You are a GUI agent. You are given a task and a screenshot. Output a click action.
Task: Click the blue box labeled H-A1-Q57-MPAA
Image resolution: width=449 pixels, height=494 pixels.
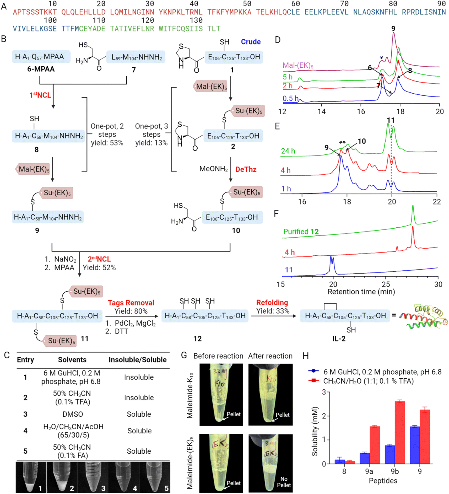point(41,57)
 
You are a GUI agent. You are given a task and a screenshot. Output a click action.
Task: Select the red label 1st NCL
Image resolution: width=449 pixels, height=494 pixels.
point(40,95)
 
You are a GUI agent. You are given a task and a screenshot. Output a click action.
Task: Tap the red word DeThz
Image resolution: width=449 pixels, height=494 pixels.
point(246,169)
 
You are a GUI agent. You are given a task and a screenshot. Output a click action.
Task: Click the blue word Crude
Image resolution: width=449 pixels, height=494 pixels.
point(251,42)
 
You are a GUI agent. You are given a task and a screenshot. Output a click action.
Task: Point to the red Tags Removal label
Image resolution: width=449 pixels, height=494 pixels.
point(131,303)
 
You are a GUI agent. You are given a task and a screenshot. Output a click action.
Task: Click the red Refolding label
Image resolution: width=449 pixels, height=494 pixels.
point(272,302)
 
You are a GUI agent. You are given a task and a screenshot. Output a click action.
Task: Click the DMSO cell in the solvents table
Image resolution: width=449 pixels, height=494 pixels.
point(73,414)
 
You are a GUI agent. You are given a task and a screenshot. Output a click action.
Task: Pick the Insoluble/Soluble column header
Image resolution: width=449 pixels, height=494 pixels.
point(138,359)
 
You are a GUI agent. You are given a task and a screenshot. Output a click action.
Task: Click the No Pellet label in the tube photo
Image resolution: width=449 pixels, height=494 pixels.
point(284,482)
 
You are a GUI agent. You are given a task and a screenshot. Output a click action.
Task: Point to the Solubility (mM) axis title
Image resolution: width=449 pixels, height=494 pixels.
point(315,431)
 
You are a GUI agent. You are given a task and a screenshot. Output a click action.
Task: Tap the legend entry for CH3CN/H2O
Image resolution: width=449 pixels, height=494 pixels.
point(368,381)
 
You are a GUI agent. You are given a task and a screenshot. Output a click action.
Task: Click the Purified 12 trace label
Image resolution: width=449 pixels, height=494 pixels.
point(301,232)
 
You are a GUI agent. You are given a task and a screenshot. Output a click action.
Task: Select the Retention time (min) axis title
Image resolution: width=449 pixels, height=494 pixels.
point(361,292)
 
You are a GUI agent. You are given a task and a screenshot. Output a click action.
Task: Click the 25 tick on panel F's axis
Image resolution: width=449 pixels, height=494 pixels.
point(386,284)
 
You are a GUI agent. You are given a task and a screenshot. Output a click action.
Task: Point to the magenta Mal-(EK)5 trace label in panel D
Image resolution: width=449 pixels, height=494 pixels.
point(298,65)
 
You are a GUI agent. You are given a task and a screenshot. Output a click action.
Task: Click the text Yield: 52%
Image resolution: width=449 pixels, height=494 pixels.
point(99,267)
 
